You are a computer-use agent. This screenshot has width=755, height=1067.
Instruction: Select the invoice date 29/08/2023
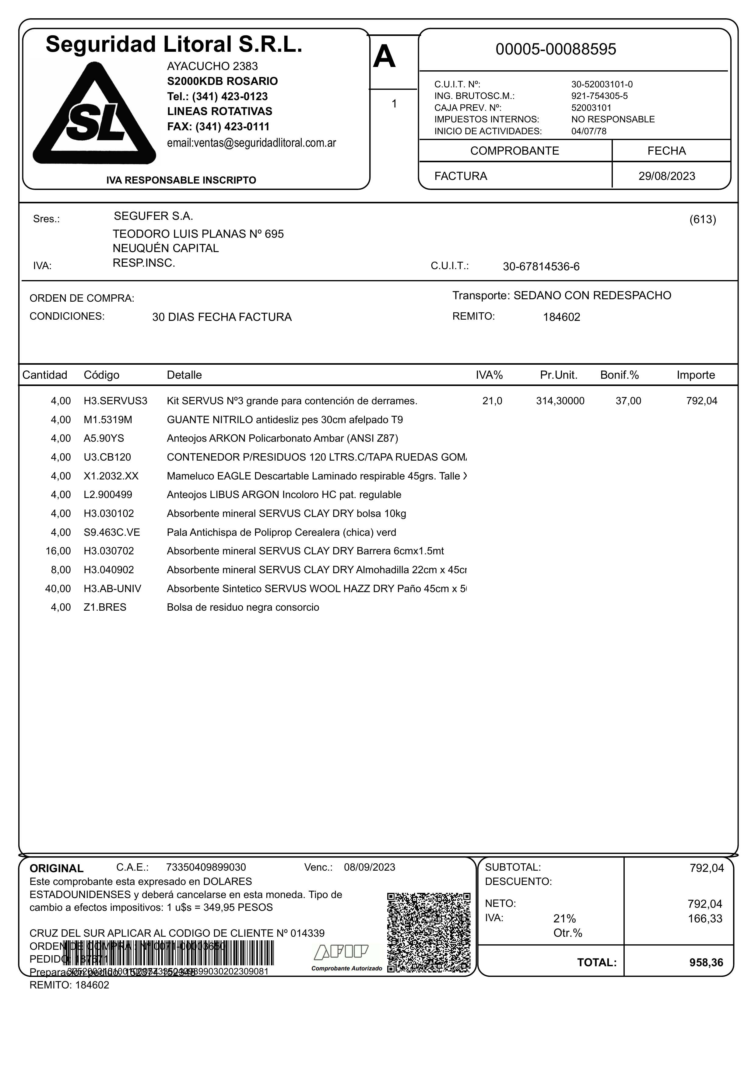(667, 176)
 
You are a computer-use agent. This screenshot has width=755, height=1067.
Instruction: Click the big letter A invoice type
(384, 58)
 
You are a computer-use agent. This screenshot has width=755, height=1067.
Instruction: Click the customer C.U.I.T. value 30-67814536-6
(541, 267)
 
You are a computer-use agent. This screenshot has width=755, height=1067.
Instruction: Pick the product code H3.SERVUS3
(115, 401)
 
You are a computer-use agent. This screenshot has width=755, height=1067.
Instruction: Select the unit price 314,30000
(560, 401)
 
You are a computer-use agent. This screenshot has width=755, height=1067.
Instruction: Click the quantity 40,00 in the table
(58, 588)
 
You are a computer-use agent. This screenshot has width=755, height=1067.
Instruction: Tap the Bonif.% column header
(619, 375)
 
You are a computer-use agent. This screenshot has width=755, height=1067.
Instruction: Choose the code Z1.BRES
(105, 607)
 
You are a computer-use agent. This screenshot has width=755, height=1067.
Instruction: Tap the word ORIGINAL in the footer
(56, 869)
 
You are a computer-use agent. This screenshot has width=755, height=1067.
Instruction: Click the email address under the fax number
(251, 143)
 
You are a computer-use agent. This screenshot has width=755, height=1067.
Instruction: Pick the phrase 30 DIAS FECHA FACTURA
(222, 317)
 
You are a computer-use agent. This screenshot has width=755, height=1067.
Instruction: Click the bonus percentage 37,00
(628, 401)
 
